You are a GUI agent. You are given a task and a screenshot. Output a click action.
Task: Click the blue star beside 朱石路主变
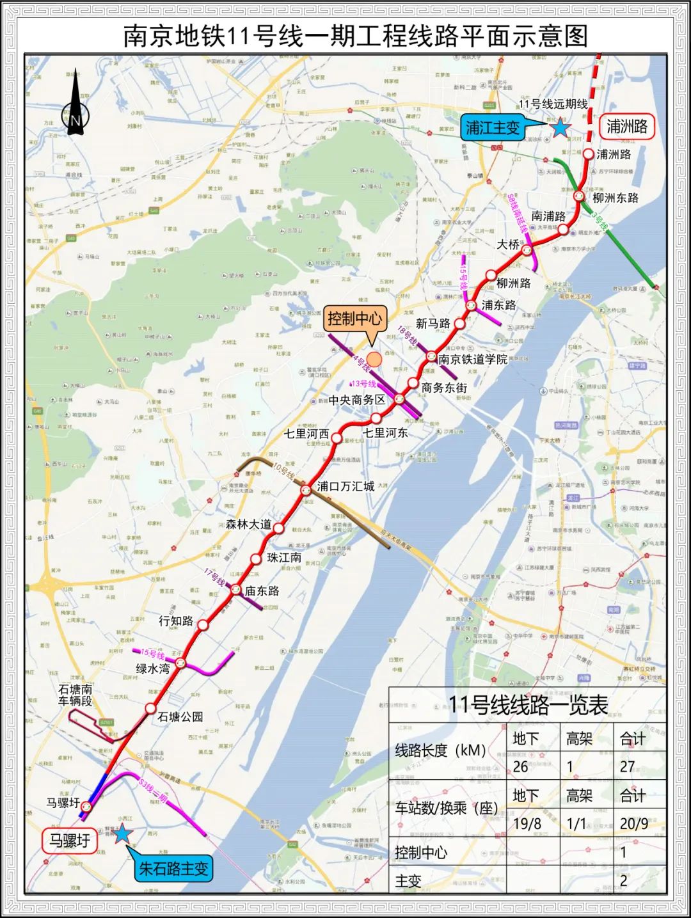121,834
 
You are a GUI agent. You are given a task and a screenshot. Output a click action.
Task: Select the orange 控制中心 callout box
354,318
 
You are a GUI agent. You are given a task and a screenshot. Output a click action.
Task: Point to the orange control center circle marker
374,360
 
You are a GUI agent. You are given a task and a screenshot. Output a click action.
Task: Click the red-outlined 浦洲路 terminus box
627,126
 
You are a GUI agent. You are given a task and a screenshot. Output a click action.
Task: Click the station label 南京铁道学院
473,359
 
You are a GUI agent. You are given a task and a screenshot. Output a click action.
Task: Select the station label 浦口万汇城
345,486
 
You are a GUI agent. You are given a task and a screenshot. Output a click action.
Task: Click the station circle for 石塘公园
150,708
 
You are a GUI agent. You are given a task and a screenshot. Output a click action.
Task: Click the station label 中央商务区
357,400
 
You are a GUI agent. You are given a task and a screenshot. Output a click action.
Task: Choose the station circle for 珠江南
256,558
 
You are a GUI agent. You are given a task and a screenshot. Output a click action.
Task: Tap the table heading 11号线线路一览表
528,705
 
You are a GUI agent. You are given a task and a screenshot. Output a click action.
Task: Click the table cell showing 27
628,766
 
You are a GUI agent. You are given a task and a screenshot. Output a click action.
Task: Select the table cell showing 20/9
633,823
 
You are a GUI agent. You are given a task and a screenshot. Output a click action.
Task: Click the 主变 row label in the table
408,881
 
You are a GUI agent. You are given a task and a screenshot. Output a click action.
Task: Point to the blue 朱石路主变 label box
174,869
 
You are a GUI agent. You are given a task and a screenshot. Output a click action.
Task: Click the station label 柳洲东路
616,198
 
